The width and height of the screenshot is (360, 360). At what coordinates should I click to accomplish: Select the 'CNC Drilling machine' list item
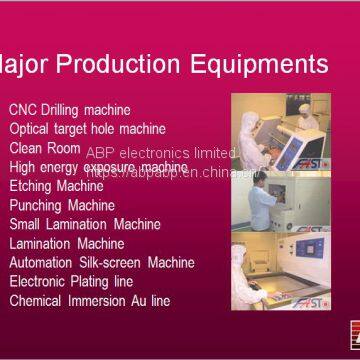70,109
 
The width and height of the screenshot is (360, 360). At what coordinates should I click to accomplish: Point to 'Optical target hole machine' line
87,128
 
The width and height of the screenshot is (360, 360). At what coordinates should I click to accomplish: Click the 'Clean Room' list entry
44,147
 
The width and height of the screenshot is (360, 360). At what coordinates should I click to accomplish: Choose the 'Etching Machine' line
56,185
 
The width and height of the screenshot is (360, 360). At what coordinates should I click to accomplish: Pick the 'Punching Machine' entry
62,204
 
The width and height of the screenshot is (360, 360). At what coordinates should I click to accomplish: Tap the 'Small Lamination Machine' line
84,223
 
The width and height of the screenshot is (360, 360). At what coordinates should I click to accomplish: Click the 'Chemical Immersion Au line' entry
90,300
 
